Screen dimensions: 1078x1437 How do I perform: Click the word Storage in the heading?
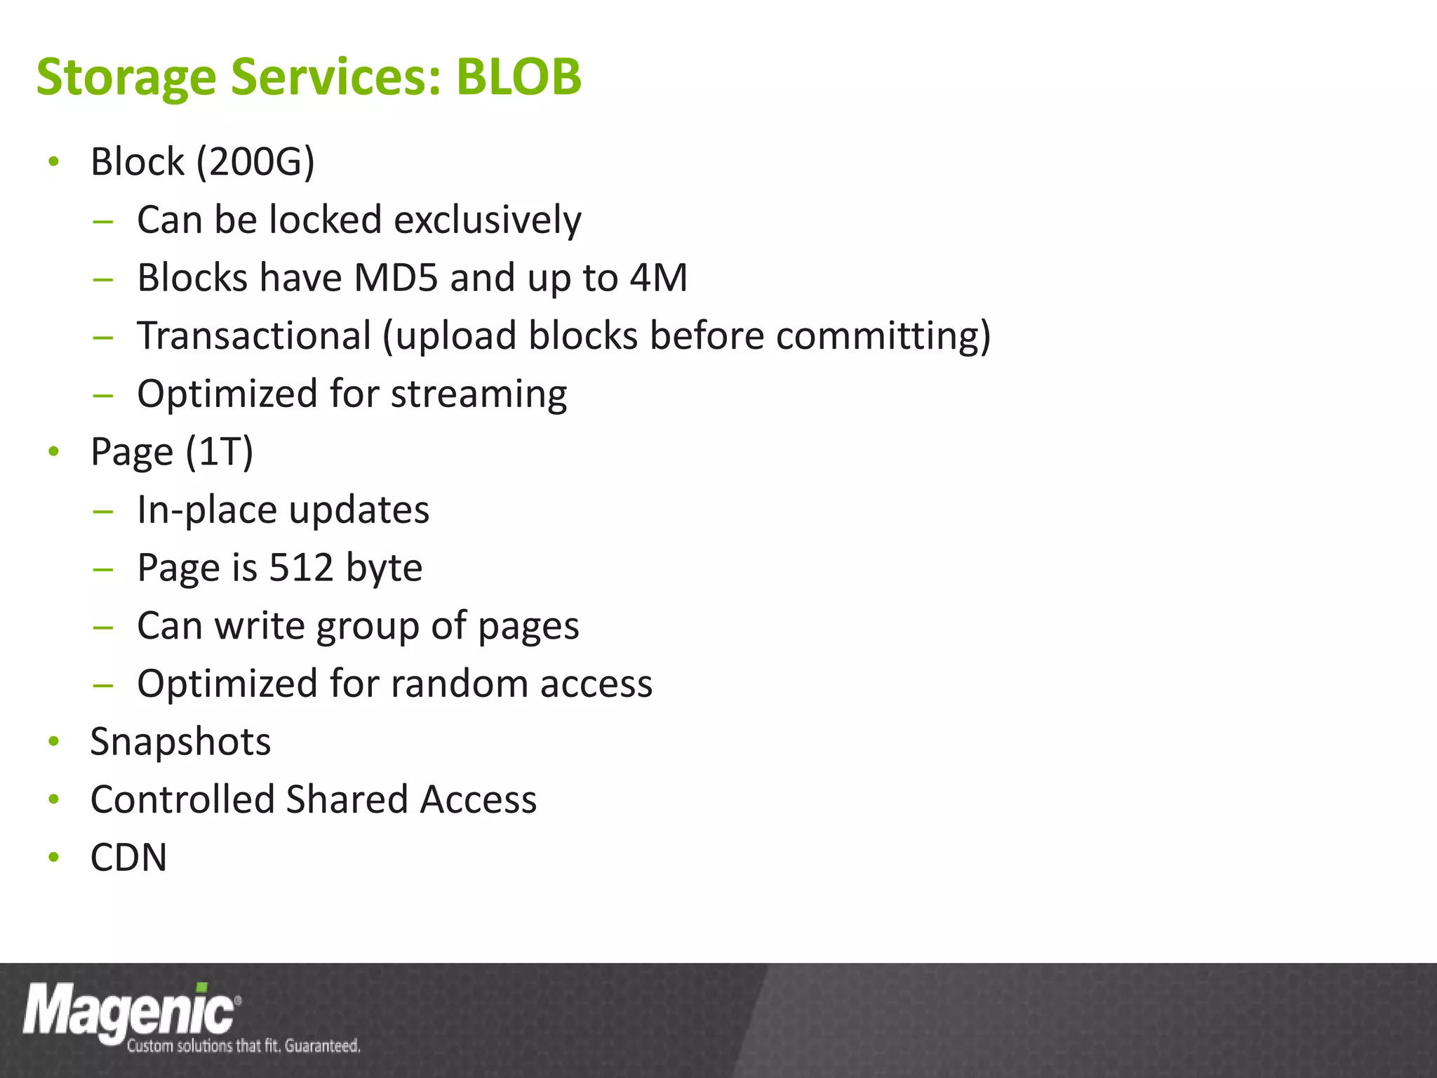pos(126,77)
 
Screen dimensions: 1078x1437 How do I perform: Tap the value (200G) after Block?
pos(255,162)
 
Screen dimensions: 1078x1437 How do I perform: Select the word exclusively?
pos(488,220)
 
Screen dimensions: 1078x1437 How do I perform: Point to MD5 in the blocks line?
pos(396,277)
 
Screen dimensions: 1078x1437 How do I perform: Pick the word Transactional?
pos(254,335)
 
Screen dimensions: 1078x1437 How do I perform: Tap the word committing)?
pos(883,335)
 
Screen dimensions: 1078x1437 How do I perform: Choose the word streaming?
pos(479,394)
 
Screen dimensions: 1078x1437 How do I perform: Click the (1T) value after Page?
pos(219,451)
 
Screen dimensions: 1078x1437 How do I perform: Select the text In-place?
pos(208,510)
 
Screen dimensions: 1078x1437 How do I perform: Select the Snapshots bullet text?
pos(180,742)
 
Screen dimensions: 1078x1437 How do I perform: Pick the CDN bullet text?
pos(128,858)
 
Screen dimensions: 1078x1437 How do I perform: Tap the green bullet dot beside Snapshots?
pos(54,742)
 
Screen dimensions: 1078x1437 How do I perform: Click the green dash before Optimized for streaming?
pos(102,394)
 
